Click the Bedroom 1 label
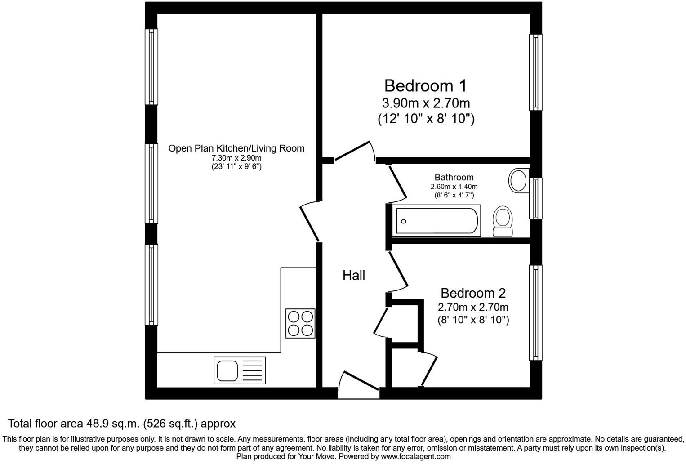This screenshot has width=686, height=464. click(x=425, y=85)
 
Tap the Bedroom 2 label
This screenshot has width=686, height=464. click(x=473, y=293)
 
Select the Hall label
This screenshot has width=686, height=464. click(x=354, y=275)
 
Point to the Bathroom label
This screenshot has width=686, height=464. click(x=454, y=177)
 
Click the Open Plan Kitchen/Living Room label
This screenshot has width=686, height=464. click(x=236, y=148)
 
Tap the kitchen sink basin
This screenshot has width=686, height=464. click(x=227, y=370)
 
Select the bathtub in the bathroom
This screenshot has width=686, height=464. click(x=437, y=221)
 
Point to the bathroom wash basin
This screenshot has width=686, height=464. click(x=518, y=180)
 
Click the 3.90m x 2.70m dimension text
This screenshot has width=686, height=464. click(x=426, y=103)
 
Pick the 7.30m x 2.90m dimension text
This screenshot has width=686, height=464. click(x=236, y=158)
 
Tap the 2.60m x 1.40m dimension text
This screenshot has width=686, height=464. click(x=454, y=187)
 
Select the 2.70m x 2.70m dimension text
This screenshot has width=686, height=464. click(x=473, y=308)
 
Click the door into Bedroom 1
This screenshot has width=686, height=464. click(x=354, y=152)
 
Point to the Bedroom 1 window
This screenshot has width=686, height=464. click(x=535, y=72)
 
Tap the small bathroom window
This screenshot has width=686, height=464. click(x=535, y=198)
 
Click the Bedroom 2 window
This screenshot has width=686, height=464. click(x=535, y=312)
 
